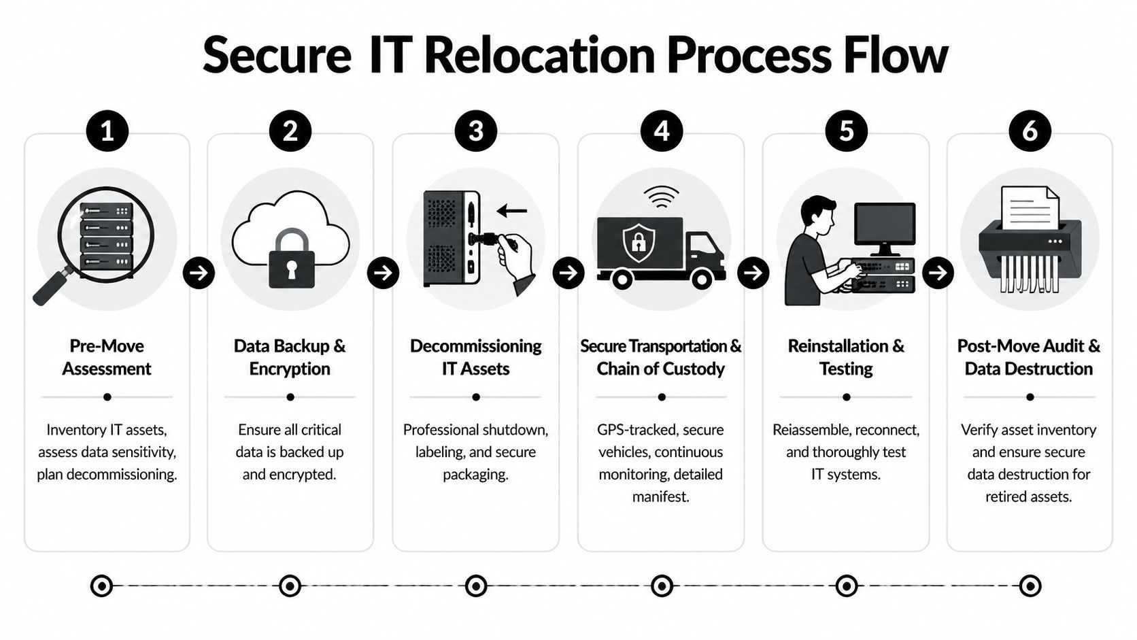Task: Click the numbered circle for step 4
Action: (661, 131)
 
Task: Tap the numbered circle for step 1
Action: (107, 131)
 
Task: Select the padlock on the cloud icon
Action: (292, 259)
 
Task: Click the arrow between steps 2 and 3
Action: (384, 273)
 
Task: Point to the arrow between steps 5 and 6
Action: (938, 273)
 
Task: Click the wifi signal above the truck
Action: (661, 197)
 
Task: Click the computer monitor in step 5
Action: (884, 228)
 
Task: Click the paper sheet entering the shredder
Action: (1030, 207)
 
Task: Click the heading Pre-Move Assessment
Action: (107, 357)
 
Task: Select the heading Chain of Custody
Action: (661, 369)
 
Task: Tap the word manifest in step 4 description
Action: (661, 496)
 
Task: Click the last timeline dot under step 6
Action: (1030, 586)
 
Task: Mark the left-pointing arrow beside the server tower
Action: (512, 211)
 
